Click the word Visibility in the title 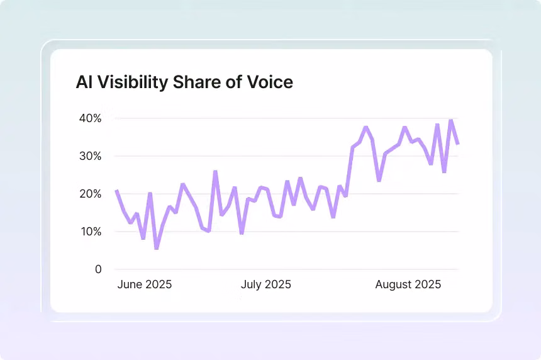pyautogui.click(x=135, y=82)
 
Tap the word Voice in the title pyautogui.click(x=270, y=82)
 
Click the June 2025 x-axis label pyautogui.click(x=145, y=284)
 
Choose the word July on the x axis pyautogui.click(x=252, y=284)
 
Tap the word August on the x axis pyautogui.click(x=394, y=284)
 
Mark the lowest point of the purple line pyautogui.click(x=156, y=248)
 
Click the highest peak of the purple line pyautogui.click(x=451, y=120)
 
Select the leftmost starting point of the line pyautogui.click(x=116, y=191)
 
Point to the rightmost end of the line pyautogui.click(x=458, y=144)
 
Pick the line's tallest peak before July pyautogui.click(x=215, y=171)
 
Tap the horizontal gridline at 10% pyautogui.click(x=315, y=232)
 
